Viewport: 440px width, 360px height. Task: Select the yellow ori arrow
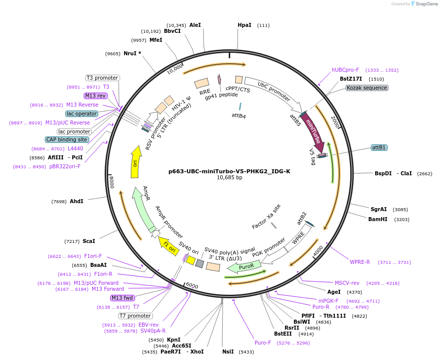pyautogui.click(x=135, y=162)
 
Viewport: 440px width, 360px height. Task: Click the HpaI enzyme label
pyautogui.click(x=244, y=25)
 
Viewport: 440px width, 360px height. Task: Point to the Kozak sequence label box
pyautogui.click(x=367, y=88)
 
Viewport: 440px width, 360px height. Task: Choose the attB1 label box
pyautogui.click(x=379, y=147)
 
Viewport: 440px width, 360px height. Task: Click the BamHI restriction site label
pyautogui.click(x=379, y=219)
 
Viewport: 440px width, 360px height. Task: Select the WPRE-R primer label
pyautogui.click(x=360, y=262)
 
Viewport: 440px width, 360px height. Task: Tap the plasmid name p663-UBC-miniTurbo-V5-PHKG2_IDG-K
pyautogui.click(x=229, y=171)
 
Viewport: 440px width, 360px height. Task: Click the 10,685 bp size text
pyautogui.click(x=229, y=178)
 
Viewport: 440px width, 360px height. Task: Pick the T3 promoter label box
pyautogui.click(x=102, y=78)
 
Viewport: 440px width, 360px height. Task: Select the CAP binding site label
pyautogui.click(x=67, y=140)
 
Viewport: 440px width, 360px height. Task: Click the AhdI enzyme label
pyautogui.click(x=76, y=201)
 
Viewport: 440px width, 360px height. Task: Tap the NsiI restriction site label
pyautogui.click(x=228, y=352)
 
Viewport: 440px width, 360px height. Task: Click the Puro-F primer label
pyautogui.click(x=263, y=343)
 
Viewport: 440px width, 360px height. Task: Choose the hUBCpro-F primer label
pyautogui.click(x=345, y=70)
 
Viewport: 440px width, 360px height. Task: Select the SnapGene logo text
pyautogui.click(x=425, y=4)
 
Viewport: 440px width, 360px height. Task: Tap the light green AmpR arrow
pyautogui.click(x=142, y=209)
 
